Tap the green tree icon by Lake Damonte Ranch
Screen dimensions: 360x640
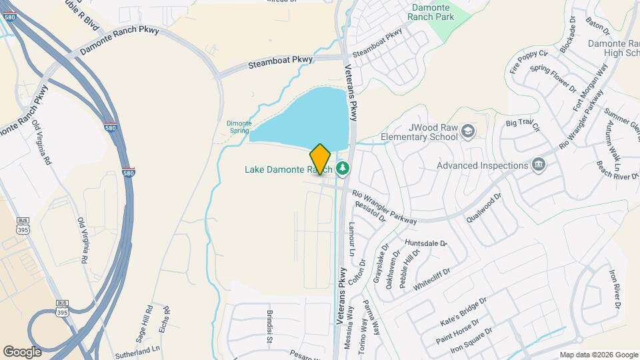click(x=343, y=169)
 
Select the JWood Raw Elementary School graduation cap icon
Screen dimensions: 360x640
click(x=467, y=131)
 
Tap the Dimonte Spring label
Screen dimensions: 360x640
click(x=238, y=127)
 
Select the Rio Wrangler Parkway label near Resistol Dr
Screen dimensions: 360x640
click(x=385, y=207)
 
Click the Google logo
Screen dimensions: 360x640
click(x=22, y=351)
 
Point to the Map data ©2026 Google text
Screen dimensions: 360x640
click(x=598, y=355)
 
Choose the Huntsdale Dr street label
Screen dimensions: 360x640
click(x=426, y=243)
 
